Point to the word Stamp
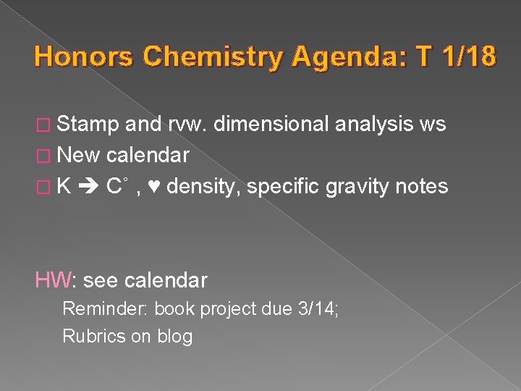tap(88, 125)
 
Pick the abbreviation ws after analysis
tap(432, 125)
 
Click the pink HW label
tap(54, 280)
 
